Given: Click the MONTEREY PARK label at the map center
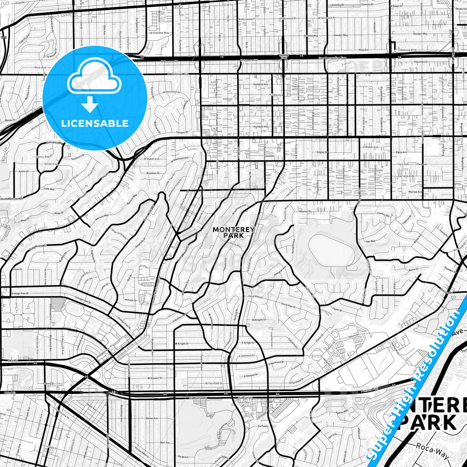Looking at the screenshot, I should (234, 232).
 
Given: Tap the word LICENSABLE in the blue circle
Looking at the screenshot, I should (95, 123).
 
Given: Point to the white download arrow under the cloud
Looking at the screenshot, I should (90, 104).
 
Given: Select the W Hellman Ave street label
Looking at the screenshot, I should (178, 74).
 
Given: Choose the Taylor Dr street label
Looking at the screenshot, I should (337, 310).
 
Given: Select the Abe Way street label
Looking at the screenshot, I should (370, 241).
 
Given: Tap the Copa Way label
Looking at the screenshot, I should (49, 189).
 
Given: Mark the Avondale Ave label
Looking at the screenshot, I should (261, 127).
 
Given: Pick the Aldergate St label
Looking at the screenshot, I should (258, 320).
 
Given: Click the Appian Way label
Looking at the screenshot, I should (342, 412).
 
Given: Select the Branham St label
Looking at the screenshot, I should (153, 173).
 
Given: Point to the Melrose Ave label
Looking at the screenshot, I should (415, 192).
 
